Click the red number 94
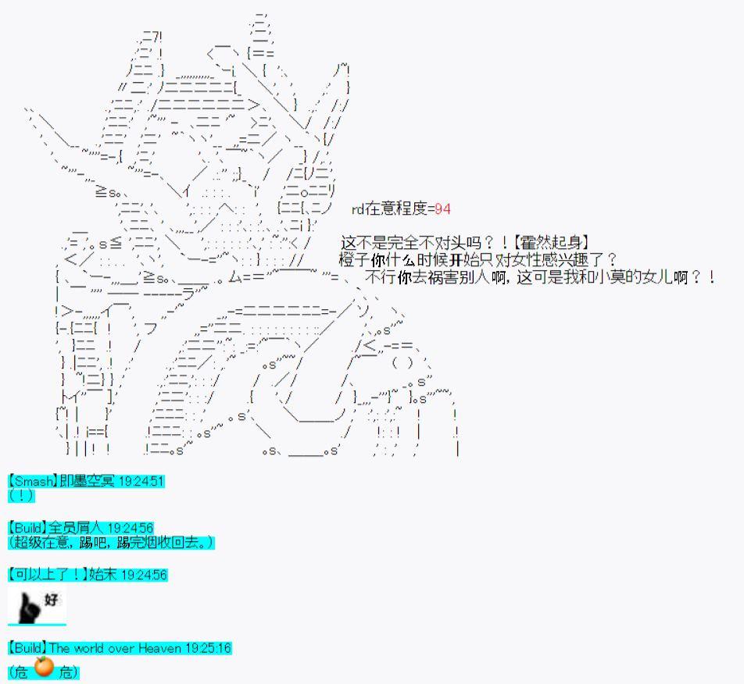(442, 208)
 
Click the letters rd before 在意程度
(357, 208)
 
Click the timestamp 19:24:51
(141, 481)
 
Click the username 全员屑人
(77, 528)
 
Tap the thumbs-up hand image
(29, 607)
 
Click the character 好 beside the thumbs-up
(51, 599)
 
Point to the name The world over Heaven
(116, 648)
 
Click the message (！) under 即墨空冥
(21, 495)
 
